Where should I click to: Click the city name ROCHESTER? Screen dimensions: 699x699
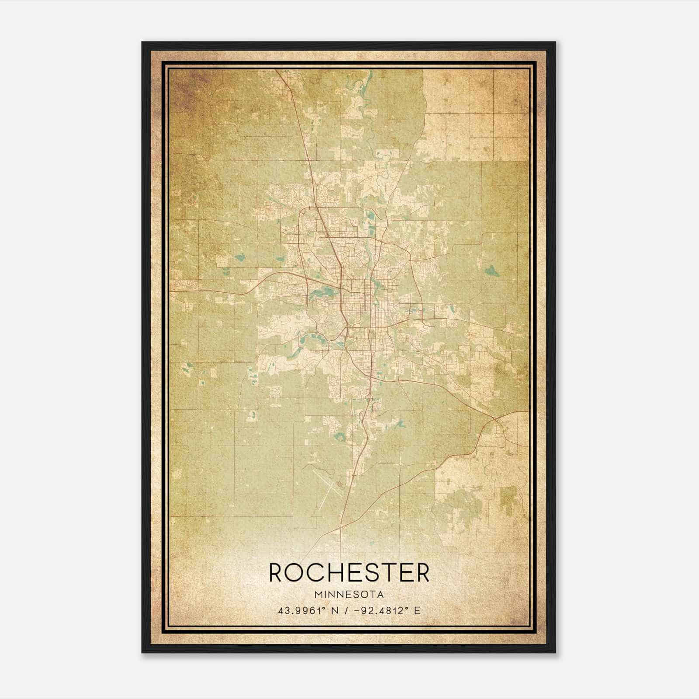pos(349,573)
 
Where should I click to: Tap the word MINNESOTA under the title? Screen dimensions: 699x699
pos(349,595)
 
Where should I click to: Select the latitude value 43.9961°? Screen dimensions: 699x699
pos(303,610)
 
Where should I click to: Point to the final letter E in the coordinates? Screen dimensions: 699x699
pos(417,610)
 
